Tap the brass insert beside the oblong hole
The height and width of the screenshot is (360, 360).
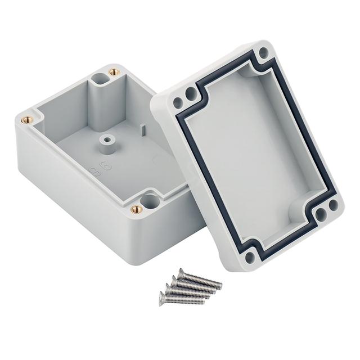pos(114,72)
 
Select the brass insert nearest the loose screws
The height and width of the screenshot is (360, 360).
pos(135,209)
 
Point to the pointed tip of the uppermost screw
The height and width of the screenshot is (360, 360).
pos(221,287)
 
